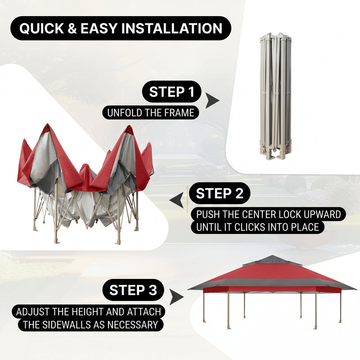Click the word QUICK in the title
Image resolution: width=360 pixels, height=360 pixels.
tap(41, 28)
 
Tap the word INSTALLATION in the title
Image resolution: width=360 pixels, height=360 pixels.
tap(172, 28)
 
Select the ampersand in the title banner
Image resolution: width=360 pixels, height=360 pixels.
tap(72, 28)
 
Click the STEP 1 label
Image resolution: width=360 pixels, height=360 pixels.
tap(172, 92)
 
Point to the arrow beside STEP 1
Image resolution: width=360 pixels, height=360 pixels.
tap(211, 100)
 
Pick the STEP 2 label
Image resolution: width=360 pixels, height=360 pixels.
tap(220, 193)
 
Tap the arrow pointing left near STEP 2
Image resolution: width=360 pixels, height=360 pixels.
tap(177, 200)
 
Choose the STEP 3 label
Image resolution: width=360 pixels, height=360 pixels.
tap(133, 290)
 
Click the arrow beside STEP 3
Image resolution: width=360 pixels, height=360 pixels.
tap(176, 297)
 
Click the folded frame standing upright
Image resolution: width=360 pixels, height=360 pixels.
tap(275, 96)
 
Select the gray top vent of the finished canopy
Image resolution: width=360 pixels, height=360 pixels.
tap(272, 261)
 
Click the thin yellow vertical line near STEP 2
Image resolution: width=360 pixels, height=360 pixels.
tap(187, 199)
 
